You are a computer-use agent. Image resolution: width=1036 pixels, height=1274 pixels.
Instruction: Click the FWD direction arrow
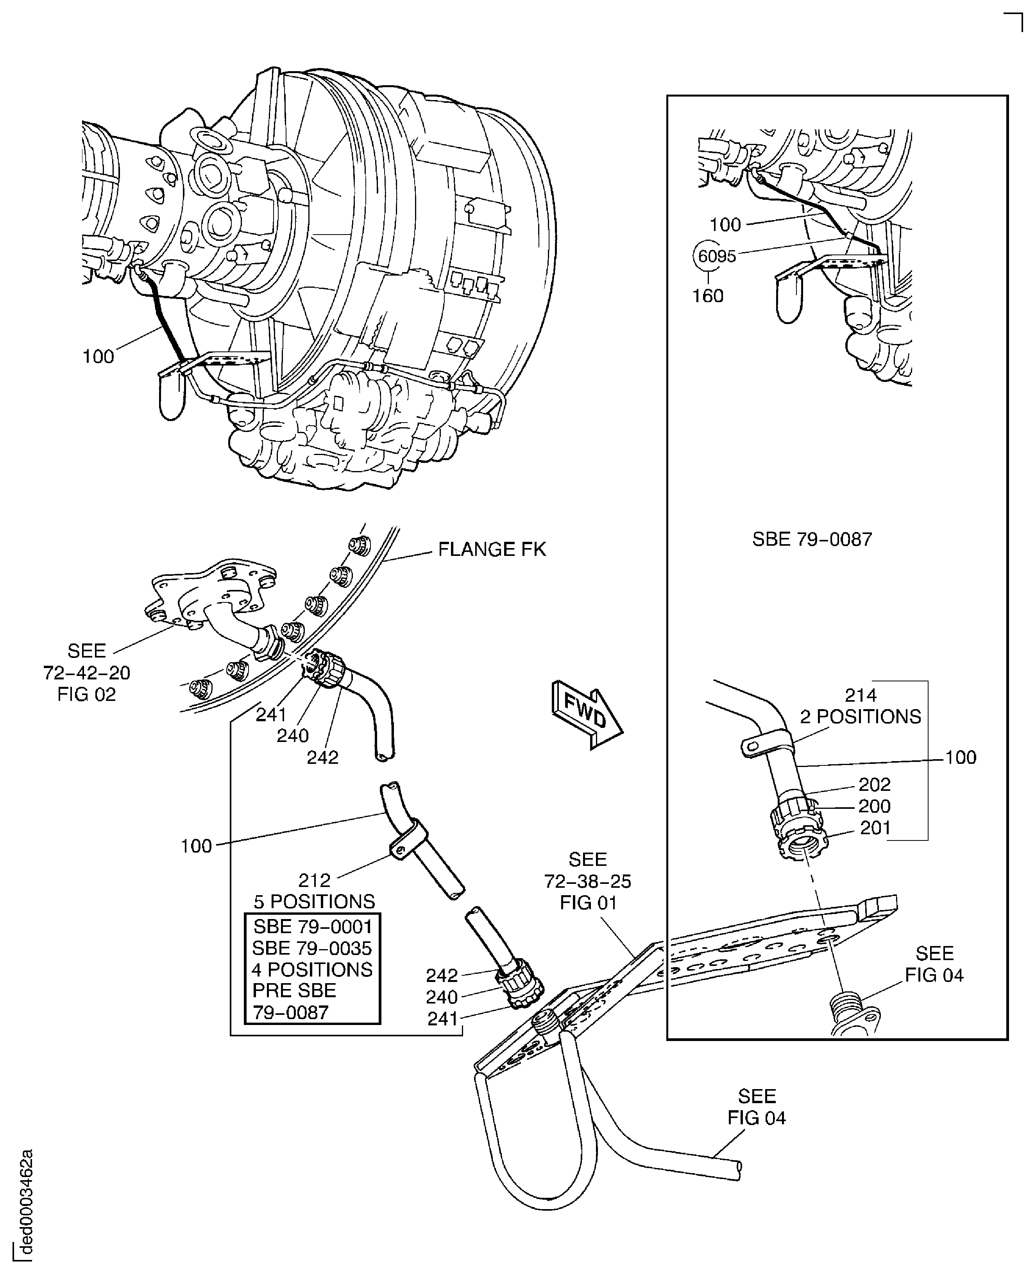[587, 716]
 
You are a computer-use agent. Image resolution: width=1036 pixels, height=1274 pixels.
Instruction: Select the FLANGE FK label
[492, 549]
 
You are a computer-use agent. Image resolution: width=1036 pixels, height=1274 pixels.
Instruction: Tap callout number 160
[707, 296]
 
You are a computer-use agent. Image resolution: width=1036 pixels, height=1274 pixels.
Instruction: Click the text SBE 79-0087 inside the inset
[812, 539]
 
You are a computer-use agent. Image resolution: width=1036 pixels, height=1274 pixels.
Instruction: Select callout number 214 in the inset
[860, 695]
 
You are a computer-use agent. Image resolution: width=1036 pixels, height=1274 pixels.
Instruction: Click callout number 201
[875, 828]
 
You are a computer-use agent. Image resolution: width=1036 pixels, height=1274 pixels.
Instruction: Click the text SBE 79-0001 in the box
[312, 926]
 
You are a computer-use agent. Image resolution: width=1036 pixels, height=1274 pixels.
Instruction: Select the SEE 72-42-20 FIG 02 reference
[86, 672]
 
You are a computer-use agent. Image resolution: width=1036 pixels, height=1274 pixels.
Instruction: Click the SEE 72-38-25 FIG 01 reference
[587, 881]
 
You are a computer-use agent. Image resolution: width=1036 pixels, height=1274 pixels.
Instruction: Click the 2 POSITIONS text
[860, 717]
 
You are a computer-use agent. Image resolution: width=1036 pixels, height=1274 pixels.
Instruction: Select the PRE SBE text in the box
[294, 991]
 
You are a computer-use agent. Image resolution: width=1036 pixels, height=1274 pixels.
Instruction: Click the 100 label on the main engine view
[98, 357]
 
